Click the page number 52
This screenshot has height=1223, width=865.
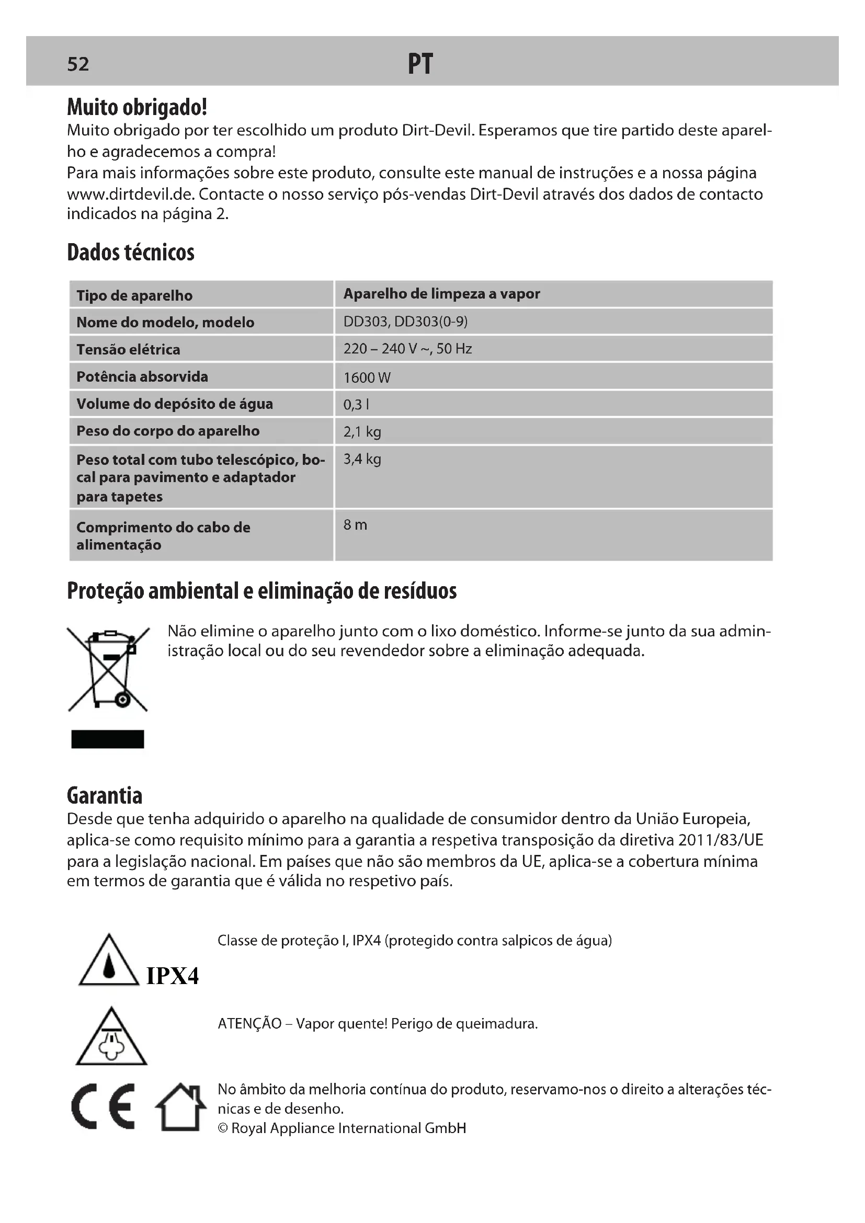point(78,64)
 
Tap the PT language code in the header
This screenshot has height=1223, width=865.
point(420,64)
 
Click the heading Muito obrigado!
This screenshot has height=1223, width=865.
point(137,108)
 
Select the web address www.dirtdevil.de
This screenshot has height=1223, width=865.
point(131,194)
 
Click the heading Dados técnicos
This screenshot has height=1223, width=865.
point(131,253)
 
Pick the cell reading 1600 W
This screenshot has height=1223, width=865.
point(367,378)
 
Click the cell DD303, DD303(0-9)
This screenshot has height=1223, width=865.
point(405,322)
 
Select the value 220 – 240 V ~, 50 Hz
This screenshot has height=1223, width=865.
point(407,349)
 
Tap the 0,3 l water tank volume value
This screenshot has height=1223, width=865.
point(356,405)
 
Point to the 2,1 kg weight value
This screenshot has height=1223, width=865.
point(362,431)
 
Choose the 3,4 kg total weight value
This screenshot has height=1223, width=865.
point(362,459)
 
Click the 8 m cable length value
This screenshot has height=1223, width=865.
point(355,525)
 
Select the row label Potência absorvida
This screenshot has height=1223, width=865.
point(142,376)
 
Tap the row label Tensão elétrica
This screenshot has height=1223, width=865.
point(128,349)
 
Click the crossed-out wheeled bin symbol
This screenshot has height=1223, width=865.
point(108,669)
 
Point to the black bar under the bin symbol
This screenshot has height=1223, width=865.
point(108,739)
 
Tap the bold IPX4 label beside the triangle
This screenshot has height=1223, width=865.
point(172,976)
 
